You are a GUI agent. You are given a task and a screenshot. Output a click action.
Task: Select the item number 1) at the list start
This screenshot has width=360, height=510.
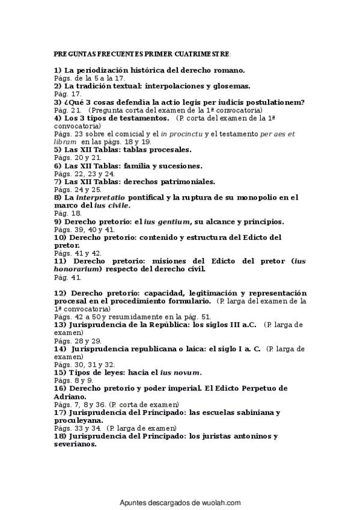pyautogui.click(x=58, y=70)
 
